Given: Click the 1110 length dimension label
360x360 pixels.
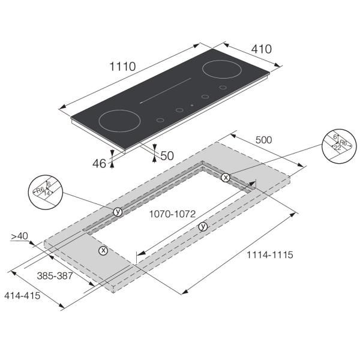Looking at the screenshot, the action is pyautogui.click(x=122, y=67).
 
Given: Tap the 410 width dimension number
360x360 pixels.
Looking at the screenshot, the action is pyautogui.click(x=261, y=49).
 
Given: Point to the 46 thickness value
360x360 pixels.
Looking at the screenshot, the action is pyautogui.click(x=99, y=163).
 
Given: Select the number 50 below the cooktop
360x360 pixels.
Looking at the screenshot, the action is pyautogui.click(x=167, y=156).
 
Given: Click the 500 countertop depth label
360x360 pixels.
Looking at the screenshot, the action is pyautogui.click(x=263, y=140).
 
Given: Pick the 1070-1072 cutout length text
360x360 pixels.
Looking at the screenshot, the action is pyautogui.click(x=172, y=214).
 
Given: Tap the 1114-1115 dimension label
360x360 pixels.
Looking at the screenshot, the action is pyautogui.click(x=270, y=255).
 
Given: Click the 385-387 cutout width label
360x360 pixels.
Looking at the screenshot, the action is pyautogui.click(x=55, y=276).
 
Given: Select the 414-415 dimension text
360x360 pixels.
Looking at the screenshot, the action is pyautogui.click(x=22, y=295).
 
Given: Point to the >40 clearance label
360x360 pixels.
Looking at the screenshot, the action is pyautogui.click(x=20, y=236).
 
